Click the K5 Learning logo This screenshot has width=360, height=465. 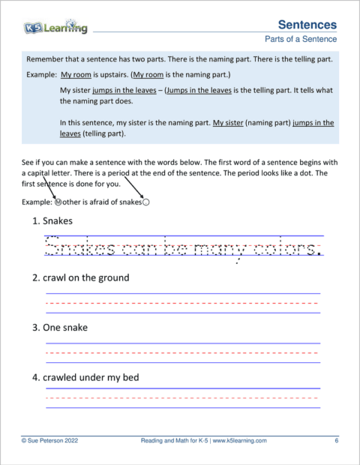click(55, 28)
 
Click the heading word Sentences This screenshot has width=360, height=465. click(307, 25)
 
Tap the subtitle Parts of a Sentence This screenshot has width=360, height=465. click(301, 39)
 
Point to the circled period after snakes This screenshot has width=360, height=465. click(146, 201)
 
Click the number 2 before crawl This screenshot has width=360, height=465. click(34, 277)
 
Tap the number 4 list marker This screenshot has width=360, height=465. click(34, 377)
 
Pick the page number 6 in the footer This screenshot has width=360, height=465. click(336, 441)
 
